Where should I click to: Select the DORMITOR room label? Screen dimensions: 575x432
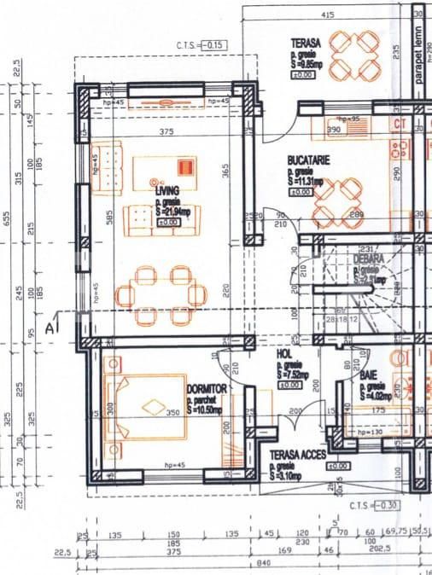(x=206, y=388)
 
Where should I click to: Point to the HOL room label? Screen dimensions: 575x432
(x=283, y=353)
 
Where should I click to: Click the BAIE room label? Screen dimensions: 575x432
(x=369, y=375)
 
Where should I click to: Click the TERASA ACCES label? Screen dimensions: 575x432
(x=296, y=456)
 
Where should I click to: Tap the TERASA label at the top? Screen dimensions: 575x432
(x=305, y=43)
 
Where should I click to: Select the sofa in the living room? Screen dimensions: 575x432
(x=159, y=219)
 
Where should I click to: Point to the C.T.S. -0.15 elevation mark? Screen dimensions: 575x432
(x=201, y=44)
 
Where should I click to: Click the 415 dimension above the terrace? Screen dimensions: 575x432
(x=327, y=15)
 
